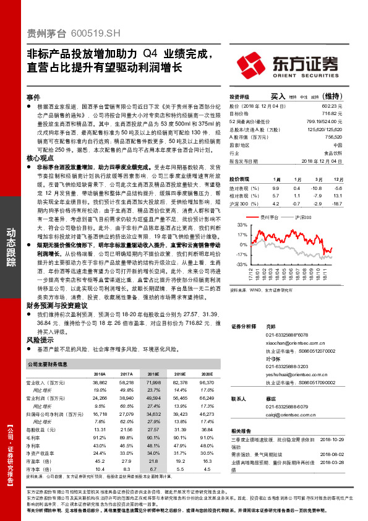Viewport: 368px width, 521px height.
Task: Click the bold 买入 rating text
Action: click(278, 97)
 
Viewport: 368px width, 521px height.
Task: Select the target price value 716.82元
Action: click(332, 114)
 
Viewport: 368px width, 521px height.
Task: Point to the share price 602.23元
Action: click(332, 106)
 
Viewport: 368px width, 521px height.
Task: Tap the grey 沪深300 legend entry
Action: click(303, 217)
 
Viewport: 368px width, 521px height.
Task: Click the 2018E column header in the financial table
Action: click(153, 374)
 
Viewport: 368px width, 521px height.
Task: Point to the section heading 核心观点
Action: click(37, 158)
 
